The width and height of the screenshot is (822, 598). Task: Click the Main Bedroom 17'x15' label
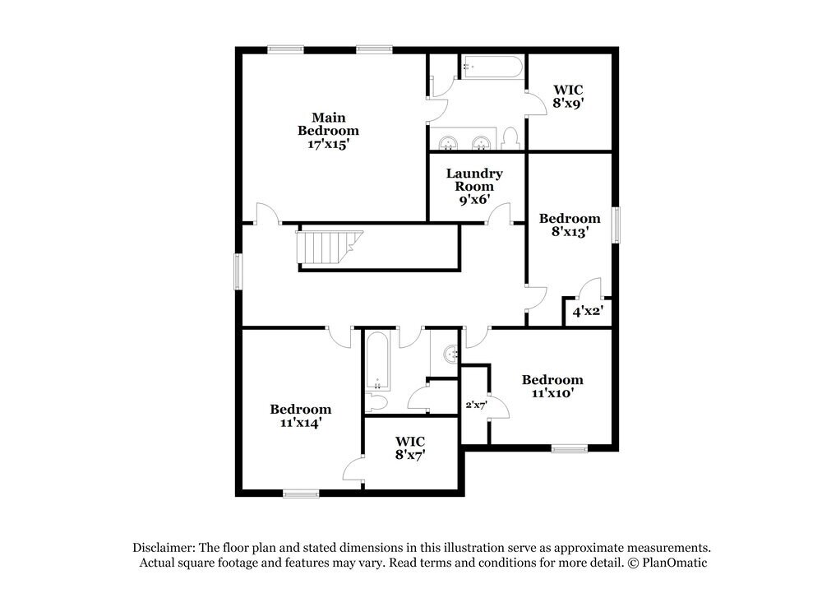click(328, 130)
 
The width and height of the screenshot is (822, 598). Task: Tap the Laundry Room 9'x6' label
click(474, 186)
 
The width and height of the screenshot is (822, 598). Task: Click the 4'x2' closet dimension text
click(587, 312)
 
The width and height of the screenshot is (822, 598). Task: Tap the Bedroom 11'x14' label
click(301, 415)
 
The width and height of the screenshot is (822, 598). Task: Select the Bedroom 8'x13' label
click(569, 225)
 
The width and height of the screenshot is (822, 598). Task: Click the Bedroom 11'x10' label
click(552, 386)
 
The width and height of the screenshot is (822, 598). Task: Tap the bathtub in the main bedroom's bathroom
click(492, 67)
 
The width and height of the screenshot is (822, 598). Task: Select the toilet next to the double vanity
click(510, 138)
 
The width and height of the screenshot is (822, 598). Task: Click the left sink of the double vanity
click(449, 143)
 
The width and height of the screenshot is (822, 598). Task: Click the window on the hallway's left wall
click(238, 271)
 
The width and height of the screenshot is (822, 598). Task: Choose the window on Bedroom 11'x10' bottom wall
click(569, 448)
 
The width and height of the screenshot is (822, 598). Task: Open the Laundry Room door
click(499, 216)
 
